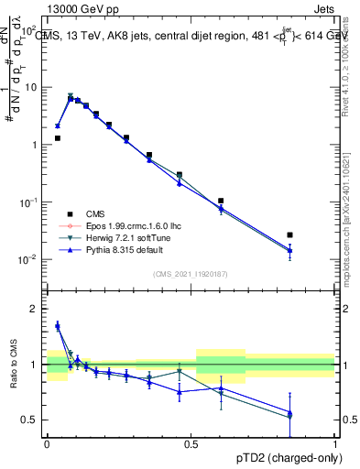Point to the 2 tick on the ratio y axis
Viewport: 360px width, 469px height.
[33, 309]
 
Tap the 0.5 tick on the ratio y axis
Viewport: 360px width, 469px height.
[29, 420]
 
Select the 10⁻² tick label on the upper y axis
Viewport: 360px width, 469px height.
[29, 259]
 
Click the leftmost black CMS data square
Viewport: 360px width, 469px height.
[58, 138]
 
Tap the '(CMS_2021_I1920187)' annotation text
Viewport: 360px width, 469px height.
[191, 274]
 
